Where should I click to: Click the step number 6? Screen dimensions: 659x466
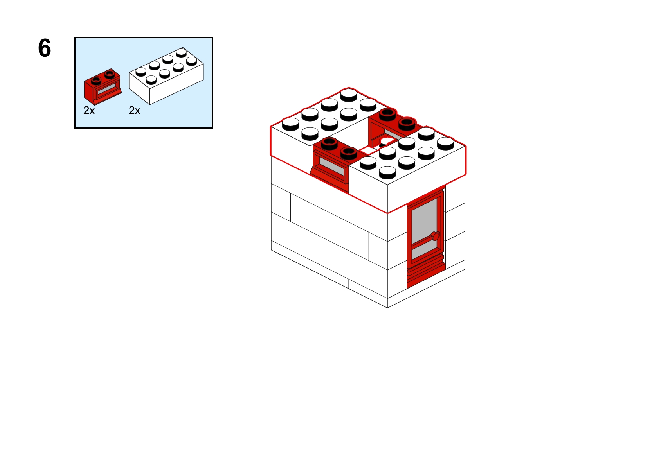coord(45,48)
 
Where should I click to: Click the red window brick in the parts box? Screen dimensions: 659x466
coord(103,87)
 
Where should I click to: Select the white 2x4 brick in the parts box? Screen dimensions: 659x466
coord(166,76)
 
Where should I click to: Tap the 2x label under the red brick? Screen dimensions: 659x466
coord(89,111)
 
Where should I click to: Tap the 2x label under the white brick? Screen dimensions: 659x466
coord(134,111)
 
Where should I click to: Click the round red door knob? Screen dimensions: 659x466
coord(436,236)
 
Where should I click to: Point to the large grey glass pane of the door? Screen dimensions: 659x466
coord(424,220)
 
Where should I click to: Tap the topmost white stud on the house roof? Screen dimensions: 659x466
coord(349,95)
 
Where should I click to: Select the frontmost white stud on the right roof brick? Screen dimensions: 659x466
coord(387,172)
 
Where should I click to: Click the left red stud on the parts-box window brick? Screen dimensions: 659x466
coord(96,80)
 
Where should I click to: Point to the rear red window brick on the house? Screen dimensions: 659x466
coord(393,126)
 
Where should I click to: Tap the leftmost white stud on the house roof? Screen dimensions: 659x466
coord(290,124)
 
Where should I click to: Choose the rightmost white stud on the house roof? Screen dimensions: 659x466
coord(445,143)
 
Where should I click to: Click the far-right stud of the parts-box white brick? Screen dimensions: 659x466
coord(191,61)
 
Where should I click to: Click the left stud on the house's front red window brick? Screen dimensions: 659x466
coord(329,143)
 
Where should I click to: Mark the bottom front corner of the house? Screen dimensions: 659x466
coord(387,308)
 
